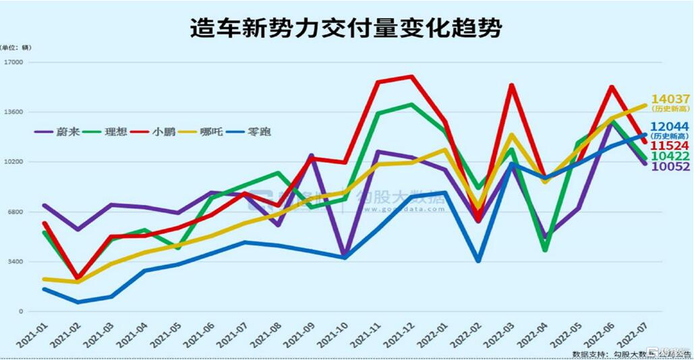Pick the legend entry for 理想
(115, 131)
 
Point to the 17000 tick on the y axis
(13, 63)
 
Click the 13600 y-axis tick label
(13, 113)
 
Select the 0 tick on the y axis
(21, 311)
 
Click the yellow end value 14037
(670, 100)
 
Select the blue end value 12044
(670, 126)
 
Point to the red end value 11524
(670, 146)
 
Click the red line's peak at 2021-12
(411, 76)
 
